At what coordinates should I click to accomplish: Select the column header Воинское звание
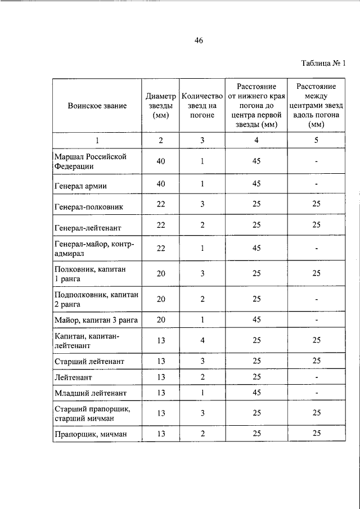[x=97, y=105]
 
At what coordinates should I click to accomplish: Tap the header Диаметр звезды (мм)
[x=161, y=105]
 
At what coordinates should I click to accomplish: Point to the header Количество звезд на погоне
[x=202, y=105]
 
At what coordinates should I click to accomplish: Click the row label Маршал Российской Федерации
[x=90, y=161]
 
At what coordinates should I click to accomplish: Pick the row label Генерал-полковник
[x=88, y=206]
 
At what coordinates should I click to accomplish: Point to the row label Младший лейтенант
[x=90, y=393]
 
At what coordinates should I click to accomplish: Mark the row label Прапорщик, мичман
[x=91, y=434]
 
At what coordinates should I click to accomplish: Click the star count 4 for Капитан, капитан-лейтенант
[x=202, y=340]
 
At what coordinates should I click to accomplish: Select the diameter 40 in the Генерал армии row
[x=161, y=183]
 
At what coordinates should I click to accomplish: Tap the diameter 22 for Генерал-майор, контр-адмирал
[x=161, y=248]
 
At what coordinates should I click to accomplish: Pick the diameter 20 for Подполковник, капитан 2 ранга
[x=161, y=299]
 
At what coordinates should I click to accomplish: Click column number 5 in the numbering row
[x=317, y=141]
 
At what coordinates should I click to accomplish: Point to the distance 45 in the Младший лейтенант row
[x=256, y=392]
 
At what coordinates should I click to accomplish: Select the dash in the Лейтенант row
[x=317, y=376]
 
